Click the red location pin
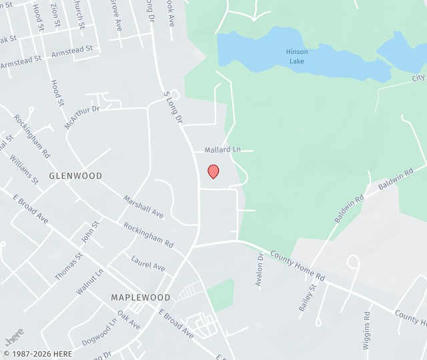tap(213, 171)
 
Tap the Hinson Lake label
tap(298, 56)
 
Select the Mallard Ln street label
tap(222, 150)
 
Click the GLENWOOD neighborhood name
tap(75, 176)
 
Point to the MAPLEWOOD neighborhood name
tap(141, 297)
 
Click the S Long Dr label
tap(173, 107)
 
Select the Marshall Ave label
tap(143, 207)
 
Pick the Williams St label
tap(24, 169)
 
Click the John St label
tap(89, 231)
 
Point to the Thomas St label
tap(69, 265)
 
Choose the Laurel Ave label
tap(148, 263)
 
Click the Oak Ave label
tap(129, 319)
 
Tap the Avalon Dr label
tap(260, 270)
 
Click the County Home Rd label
tap(297, 266)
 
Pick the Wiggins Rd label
tap(366, 329)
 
